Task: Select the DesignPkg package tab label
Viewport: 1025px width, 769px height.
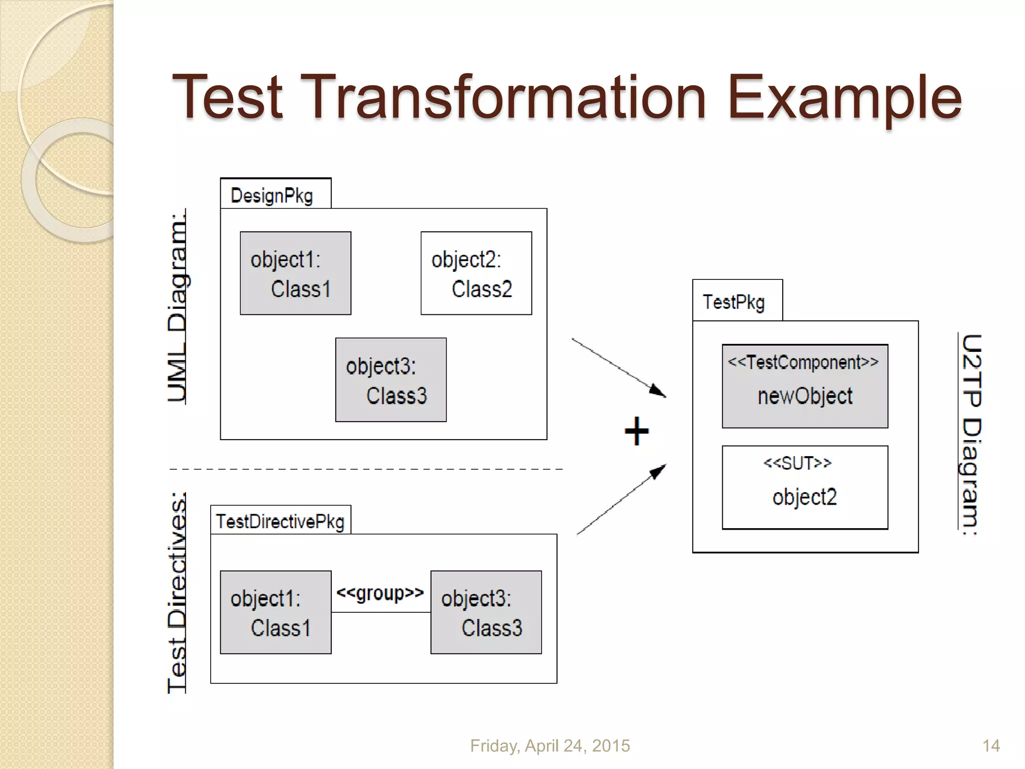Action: [x=272, y=196]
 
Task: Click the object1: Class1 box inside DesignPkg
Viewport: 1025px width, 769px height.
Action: [x=295, y=273]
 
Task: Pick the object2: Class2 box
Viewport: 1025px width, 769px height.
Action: [x=476, y=273]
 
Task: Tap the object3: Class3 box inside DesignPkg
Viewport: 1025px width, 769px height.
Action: [x=390, y=380]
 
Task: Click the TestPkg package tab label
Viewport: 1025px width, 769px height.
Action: [x=734, y=302]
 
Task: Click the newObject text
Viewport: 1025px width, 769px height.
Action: [x=805, y=396]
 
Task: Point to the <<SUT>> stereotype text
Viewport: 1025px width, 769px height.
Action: [x=797, y=463]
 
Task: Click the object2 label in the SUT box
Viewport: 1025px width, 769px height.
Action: [x=804, y=497]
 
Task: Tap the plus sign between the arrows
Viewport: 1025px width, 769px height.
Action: [x=637, y=431]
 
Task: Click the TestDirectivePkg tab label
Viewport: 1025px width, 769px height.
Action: [x=280, y=522]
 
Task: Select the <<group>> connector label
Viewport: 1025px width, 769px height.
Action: [x=380, y=593]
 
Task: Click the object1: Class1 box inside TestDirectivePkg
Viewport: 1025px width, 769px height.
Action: [x=275, y=612]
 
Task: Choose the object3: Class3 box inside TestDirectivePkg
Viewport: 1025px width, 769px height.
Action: [x=486, y=612]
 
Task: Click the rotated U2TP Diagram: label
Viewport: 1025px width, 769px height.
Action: [x=971, y=434]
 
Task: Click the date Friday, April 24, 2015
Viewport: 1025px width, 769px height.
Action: [x=550, y=746]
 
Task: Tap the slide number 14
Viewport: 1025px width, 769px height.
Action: [x=991, y=746]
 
